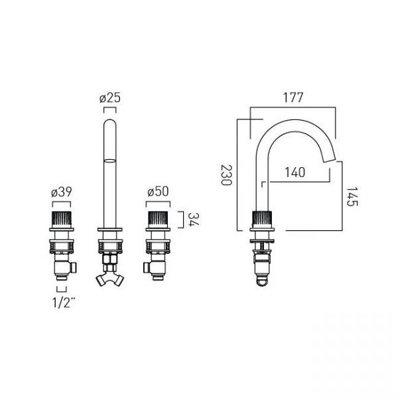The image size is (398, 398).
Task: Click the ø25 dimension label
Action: tap(110, 98)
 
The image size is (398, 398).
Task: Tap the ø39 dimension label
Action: tap(62, 192)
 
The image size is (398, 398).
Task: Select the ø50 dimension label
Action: tap(158, 192)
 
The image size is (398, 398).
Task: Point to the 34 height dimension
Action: tap(194, 220)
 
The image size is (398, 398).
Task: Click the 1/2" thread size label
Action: tap(64, 302)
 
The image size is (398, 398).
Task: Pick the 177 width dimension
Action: tap(293, 98)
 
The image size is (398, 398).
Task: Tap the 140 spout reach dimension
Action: tap(295, 172)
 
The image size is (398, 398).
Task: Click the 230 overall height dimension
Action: tap(226, 175)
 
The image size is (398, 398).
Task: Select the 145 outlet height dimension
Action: tap(352, 196)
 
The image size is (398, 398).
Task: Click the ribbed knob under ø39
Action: tap(62, 219)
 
